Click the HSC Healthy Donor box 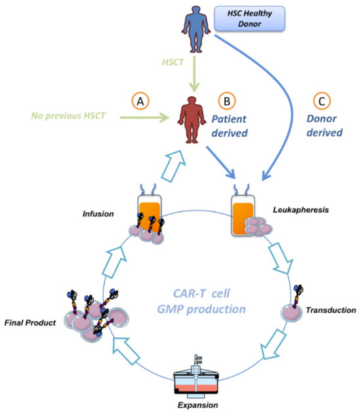pos(249,18)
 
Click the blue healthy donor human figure pos(196,29)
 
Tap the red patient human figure pos(192,120)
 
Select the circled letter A pos(140,101)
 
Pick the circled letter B pos(226,101)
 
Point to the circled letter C pos(321,101)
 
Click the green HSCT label pos(173,62)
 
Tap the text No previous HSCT pos(68,116)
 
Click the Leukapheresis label pos(301,210)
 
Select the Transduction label pos(331,310)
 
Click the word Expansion pos(198,405)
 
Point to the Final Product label pos(30,322)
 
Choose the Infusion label pos(98,214)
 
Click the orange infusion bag pos(149,215)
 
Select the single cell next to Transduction pos(291,313)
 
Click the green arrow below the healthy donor pos(194,73)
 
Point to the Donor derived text pos(324,126)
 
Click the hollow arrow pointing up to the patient pos(173,166)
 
